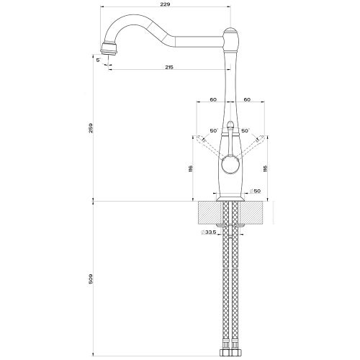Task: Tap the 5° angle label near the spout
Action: tap(96, 60)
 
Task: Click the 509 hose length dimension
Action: tap(90, 278)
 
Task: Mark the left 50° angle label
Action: tap(213, 131)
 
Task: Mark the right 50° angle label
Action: tap(246, 131)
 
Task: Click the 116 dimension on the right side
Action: tap(267, 168)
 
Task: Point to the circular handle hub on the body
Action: tap(230, 168)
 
